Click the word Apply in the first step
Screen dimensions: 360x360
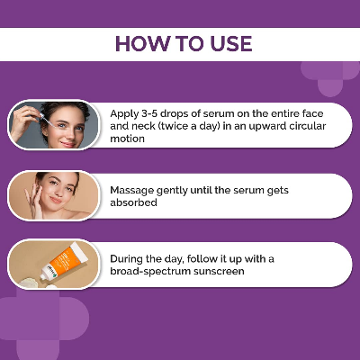(127, 114)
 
